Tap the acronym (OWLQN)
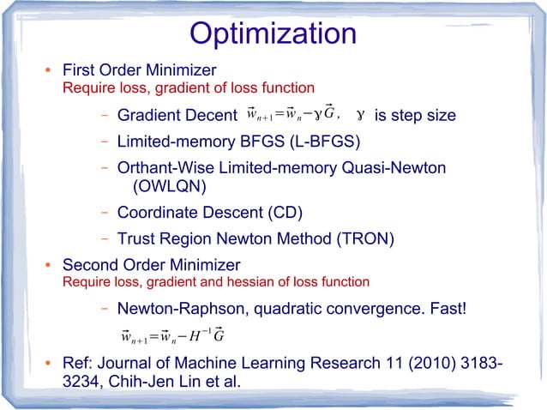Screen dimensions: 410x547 coord(170,185)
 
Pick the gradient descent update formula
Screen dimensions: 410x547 coord(292,114)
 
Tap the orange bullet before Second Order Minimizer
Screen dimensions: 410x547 coord(50,265)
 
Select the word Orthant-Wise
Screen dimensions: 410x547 coord(161,167)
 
